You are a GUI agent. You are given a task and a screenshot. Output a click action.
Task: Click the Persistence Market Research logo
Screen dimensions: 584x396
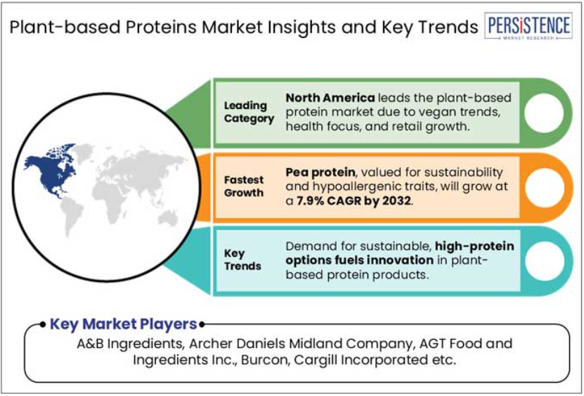point(528,26)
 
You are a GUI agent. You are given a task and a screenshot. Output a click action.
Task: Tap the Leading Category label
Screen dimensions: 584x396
point(249,112)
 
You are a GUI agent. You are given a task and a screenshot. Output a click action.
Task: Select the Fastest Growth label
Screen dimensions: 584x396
point(244,186)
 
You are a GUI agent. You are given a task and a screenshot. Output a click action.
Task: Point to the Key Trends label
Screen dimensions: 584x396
point(242,260)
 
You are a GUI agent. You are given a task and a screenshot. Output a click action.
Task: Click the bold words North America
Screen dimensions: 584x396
point(330,98)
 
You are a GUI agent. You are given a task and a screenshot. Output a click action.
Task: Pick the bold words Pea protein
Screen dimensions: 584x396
point(320,172)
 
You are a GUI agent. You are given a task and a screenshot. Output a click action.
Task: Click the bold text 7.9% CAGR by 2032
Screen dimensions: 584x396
point(353,201)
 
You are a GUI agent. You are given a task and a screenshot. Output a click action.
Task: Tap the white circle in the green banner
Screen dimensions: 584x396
point(544,113)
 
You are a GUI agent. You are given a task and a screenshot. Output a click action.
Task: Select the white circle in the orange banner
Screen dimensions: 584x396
point(544,188)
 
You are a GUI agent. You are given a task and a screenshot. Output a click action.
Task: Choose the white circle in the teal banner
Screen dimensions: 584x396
point(544,261)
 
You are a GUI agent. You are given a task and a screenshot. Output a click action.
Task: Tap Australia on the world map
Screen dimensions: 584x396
point(168,218)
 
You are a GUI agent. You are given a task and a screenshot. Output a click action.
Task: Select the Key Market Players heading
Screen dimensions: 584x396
point(123,324)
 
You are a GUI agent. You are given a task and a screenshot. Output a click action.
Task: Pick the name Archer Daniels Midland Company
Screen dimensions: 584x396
point(301,343)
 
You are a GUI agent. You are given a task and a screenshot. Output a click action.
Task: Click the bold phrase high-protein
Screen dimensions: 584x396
point(474,246)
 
